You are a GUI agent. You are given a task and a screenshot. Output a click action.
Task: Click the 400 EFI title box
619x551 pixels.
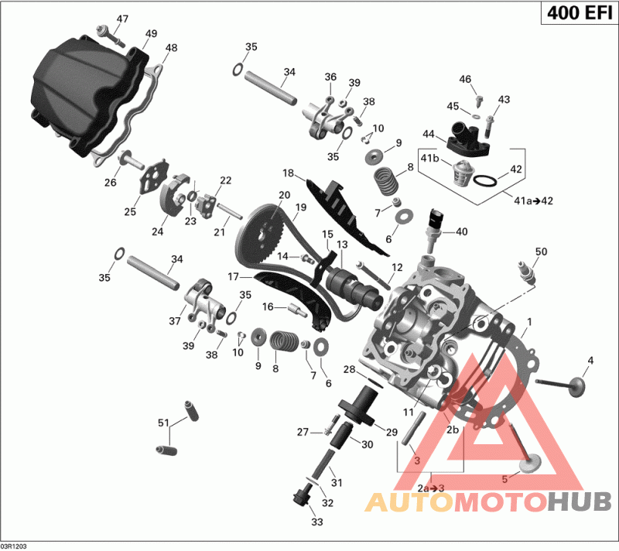point(579,12)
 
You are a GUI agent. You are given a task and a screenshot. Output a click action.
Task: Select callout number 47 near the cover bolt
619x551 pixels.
point(122,19)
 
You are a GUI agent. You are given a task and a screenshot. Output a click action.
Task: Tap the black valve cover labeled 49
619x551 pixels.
point(89,94)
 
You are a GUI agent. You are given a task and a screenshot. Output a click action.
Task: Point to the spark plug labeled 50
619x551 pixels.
point(528,272)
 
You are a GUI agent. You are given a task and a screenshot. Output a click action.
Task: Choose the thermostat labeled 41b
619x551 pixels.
point(460,173)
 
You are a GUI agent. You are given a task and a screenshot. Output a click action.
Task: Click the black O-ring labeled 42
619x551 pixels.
point(485,180)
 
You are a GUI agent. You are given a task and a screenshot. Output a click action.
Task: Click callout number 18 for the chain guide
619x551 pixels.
point(288,173)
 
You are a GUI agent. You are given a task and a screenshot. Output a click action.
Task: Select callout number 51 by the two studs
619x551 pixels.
point(163,423)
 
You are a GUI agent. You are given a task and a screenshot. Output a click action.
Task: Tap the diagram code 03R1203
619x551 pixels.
point(14,546)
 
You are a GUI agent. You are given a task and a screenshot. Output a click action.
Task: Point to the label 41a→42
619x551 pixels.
point(533,200)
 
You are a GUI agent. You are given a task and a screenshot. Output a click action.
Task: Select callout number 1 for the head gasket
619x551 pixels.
point(529,322)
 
